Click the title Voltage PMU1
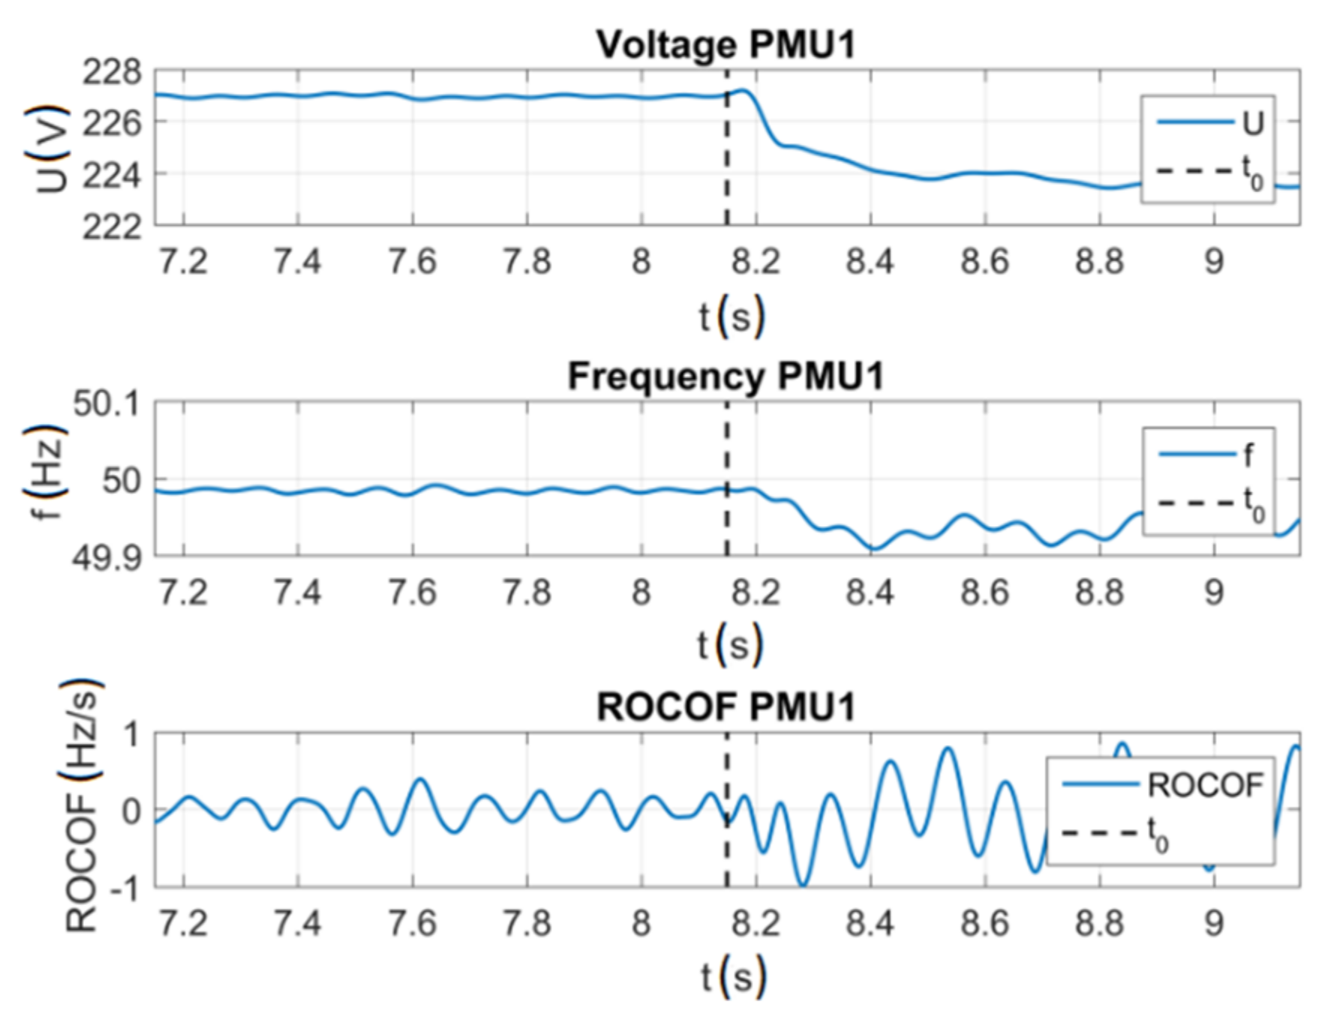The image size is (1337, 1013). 726,45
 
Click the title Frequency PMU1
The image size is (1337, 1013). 726,376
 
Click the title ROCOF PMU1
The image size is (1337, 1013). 726,707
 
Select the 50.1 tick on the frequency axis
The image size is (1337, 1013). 107,404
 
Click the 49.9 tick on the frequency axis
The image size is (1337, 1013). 107,558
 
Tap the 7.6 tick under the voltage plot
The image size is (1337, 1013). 412,262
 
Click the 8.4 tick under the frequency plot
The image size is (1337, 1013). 870,593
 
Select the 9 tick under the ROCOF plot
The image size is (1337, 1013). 1214,923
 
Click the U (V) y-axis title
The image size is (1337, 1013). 50,149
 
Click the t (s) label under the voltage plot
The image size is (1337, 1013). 732,316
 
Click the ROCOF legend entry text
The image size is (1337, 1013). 1206,786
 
